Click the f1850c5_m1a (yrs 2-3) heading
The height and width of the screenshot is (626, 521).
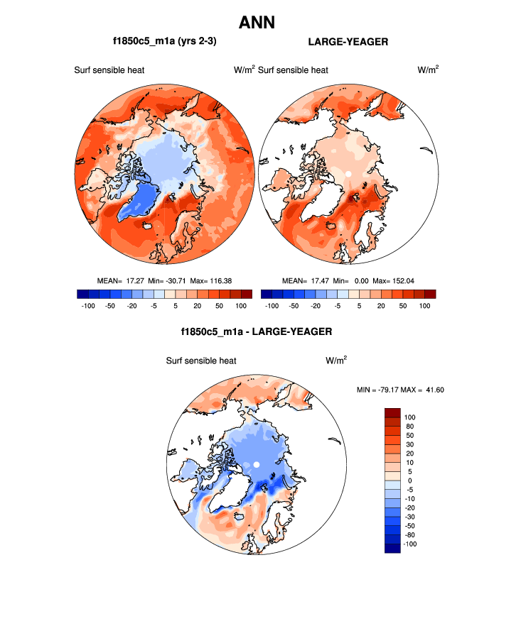(x=164, y=42)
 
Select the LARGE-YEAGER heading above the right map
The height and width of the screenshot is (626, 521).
(x=348, y=42)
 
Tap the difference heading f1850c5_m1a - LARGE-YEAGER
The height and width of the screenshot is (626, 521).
(x=257, y=331)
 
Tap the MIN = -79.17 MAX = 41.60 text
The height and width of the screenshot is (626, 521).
(x=399, y=390)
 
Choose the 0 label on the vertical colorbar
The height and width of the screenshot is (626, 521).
(x=409, y=481)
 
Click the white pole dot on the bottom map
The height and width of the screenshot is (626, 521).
(x=257, y=465)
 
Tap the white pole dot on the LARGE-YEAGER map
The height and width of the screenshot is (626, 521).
(x=348, y=173)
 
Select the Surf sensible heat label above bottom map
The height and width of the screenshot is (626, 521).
(x=201, y=361)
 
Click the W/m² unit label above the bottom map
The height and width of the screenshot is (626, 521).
(x=336, y=361)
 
